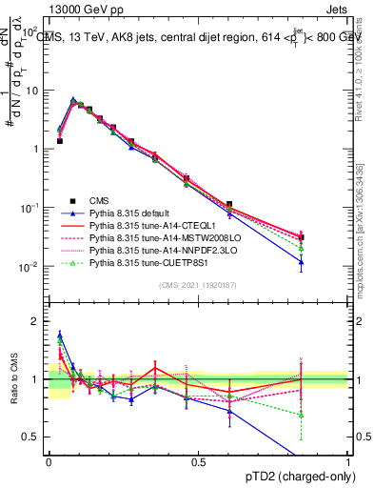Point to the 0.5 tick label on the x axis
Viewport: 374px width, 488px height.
pyautogui.click(x=198, y=461)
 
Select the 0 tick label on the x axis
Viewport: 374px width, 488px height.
pyautogui.click(x=49, y=461)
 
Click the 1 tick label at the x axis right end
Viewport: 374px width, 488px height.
pyautogui.click(x=347, y=461)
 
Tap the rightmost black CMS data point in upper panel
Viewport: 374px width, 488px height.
pyautogui.click(x=302, y=237)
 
